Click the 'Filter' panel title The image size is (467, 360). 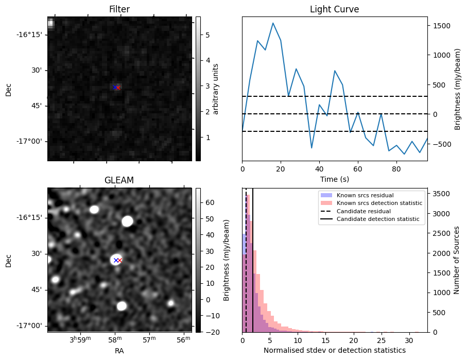[x=119, y=9]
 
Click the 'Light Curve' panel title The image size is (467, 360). [x=334, y=9]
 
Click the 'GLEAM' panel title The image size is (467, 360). [x=119, y=180]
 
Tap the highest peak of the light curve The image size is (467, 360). [x=273, y=23]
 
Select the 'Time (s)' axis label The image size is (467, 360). [x=334, y=179]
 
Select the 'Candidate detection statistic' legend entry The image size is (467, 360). [x=377, y=219]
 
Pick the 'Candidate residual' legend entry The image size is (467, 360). [x=364, y=211]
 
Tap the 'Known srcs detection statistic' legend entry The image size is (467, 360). [x=379, y=203]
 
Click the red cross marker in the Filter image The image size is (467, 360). [x=118, y=88]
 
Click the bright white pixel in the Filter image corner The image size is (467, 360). [x=50, y=23]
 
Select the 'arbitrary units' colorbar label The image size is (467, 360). [x=216, y=89]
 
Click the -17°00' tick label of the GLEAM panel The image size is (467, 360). [x=32, y=325]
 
